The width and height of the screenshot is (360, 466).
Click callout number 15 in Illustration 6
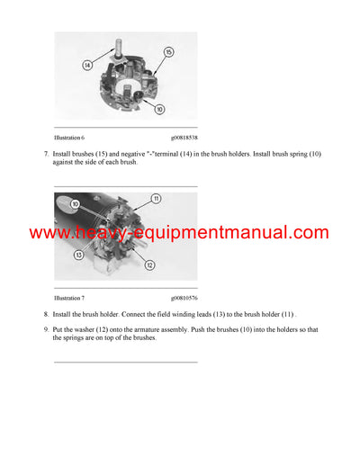point(167,54)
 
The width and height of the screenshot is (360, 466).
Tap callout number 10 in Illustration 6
point(158,110)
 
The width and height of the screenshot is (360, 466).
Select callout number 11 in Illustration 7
point(156,198)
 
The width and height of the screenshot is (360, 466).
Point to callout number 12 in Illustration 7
point(149,264)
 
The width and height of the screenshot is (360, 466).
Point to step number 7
point(45,155)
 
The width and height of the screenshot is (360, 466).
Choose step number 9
point(45,329)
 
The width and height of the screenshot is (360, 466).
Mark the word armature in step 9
point(147,329)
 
